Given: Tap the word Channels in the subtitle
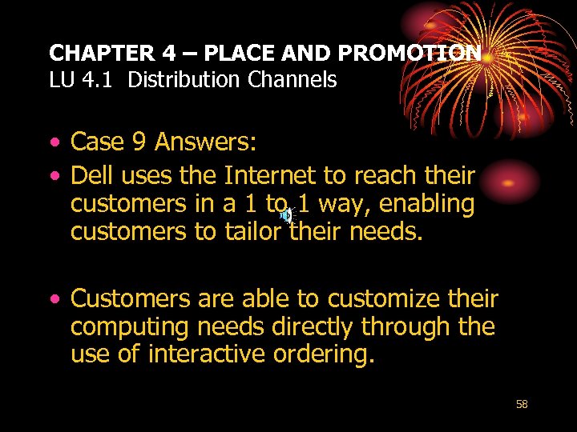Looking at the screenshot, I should click(x=296, y=80).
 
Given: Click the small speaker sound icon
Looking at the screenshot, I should click(x=286, y=214).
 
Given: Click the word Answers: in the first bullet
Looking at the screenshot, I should click(x=206, y=142).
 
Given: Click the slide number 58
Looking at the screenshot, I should click(x=522, y=405).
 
